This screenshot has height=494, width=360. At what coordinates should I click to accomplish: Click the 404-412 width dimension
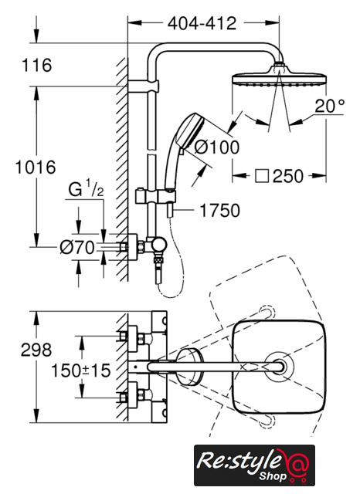[202, 23]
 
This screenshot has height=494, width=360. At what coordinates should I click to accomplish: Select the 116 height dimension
[36, 65]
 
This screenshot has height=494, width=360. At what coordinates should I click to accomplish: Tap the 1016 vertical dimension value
[36, 167]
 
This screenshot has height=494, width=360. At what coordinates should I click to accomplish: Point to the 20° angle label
[330, 106]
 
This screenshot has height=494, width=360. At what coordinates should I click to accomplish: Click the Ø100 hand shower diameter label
[217, 147]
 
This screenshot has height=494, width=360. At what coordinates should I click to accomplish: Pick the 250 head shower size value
[288, 176]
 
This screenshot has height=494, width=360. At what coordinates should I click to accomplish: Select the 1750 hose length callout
[219, 211]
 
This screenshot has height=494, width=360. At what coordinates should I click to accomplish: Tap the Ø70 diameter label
[77, 247]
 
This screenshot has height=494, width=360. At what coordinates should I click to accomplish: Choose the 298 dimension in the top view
[36, 350]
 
